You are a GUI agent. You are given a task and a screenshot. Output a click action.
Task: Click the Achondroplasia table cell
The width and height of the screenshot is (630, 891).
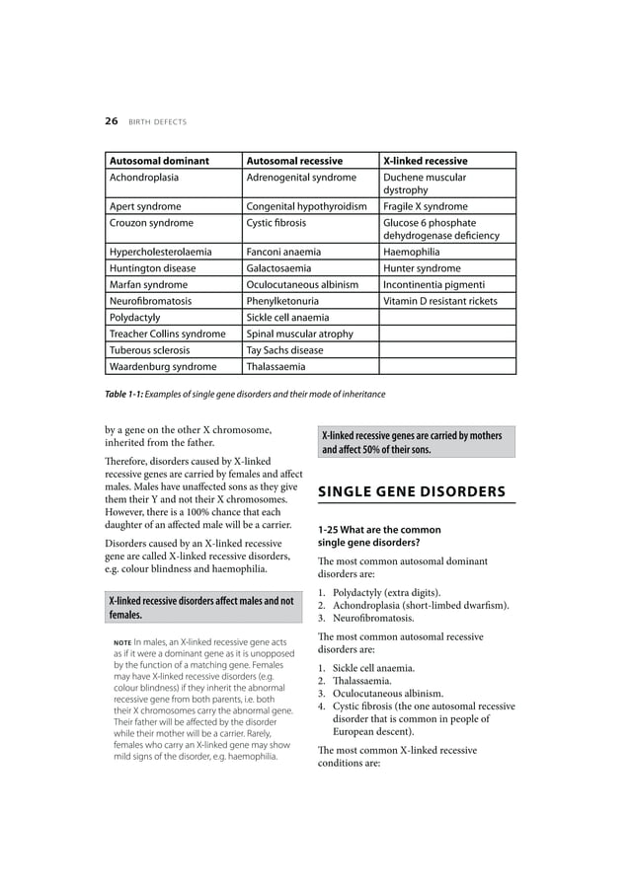[144, 178]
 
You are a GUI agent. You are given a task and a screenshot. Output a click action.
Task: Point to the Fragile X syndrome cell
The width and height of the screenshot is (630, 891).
[425, 206]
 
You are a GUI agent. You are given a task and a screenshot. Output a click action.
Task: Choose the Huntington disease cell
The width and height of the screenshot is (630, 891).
[152, 268]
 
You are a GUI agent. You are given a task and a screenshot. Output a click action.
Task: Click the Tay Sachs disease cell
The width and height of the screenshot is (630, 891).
[284, 350]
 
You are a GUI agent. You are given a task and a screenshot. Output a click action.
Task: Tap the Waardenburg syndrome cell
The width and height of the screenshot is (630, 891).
[163, 367]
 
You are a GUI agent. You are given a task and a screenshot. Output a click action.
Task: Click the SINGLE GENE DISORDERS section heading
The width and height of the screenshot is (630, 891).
[411, 492]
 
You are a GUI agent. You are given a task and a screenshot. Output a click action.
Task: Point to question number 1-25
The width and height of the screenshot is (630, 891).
[334, 530]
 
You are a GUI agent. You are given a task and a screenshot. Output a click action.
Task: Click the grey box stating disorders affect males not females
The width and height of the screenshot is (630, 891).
[202, 607]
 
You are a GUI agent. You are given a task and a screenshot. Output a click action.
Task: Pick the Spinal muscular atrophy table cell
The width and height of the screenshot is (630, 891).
[299, 334]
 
